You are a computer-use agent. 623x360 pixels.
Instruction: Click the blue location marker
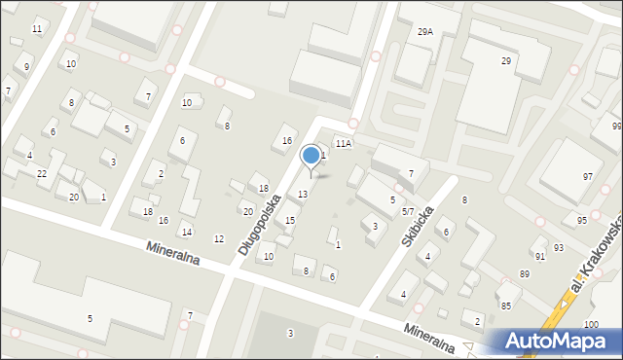pos(311,156)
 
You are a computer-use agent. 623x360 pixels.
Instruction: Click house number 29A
pos(424,32)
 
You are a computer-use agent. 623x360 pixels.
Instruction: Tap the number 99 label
pos(616,127)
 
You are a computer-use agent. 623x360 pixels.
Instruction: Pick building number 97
pos(587,176)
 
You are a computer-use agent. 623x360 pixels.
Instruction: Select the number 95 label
pos(581,221)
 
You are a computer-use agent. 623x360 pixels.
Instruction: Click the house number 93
pos(558,248)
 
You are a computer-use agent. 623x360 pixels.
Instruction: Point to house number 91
pos(539,257)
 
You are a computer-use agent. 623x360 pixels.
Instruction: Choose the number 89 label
pos(524,274)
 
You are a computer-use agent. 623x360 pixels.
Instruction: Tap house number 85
pos(505,306)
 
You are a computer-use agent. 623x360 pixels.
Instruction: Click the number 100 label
pos(591,324)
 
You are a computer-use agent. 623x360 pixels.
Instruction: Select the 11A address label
pos(343,143)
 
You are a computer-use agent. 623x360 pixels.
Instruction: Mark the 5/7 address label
pos(409,211)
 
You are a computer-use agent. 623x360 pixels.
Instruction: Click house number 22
pos(42,173)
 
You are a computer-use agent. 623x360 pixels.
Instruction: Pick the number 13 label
pos(303,195)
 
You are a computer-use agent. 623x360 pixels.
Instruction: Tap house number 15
pos(289,221)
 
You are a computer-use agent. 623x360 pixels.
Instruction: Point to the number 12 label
pos(218,239)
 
